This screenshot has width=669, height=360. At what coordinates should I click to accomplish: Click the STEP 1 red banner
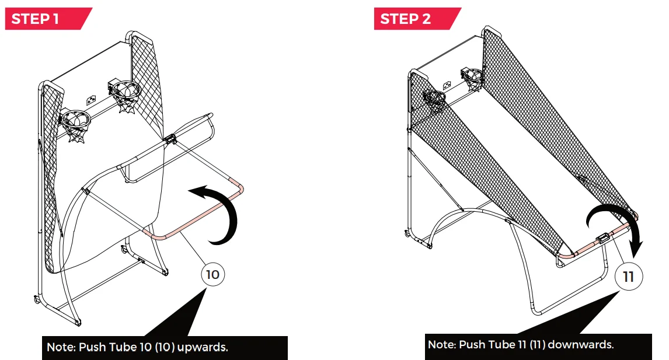click(x=48, y=19)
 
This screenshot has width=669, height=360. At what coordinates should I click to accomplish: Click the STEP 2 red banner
click(x=417, y=19)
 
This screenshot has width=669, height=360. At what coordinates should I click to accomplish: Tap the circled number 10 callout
click(x=213, y=274)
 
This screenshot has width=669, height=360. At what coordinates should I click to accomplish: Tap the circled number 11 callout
click(x=629, y=277)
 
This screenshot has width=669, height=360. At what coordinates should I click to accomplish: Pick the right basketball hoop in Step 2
click(x=473, y=79)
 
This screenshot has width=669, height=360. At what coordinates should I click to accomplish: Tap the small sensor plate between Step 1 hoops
click(x=91, y=100)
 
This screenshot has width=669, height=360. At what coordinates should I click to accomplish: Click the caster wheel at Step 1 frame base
click(x=37, y=300)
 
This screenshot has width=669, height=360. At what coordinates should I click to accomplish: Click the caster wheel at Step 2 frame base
click(x=407, y=232)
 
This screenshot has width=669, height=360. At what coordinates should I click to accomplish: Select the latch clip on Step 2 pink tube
click(x=603, y=237)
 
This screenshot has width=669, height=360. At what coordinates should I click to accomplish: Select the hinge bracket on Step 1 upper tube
click(x=170, y=139)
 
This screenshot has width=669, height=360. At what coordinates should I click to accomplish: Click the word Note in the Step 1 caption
click(x=61, y=347)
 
